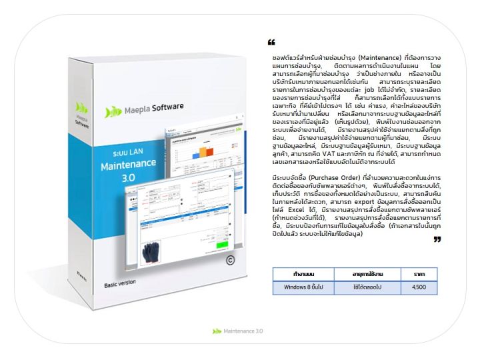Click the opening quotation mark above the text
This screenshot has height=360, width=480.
[271, 42]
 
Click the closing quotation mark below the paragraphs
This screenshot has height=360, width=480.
[437, 239]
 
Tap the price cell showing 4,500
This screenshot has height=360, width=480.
[419, 287]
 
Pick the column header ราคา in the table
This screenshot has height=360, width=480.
[419, 274]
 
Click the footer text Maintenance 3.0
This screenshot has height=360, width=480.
[243, 331]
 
